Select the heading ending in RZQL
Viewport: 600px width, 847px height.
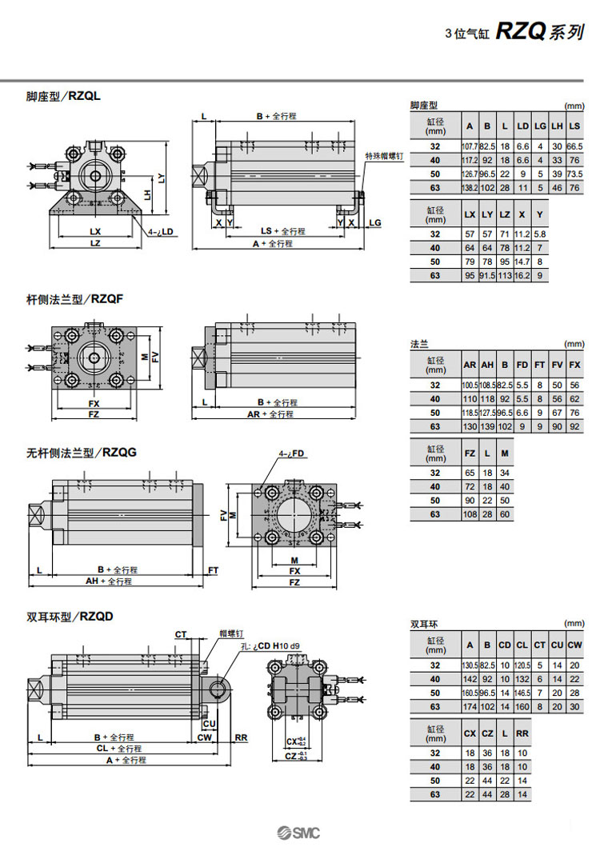click(x=63, y=97)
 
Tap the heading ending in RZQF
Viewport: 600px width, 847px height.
click(x=63, y=300)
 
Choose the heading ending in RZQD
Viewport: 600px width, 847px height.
click(x=70, y=617)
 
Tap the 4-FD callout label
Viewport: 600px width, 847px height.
click(x=292, y=453)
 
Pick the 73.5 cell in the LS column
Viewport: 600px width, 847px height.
click(x=574, y=174)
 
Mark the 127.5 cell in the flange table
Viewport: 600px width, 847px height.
click(x=487, y=413)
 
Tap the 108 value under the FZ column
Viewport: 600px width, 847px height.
click(x=470, y=514)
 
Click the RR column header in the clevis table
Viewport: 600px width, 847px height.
click(x=522, y=733)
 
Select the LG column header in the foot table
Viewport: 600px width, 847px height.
click(x=540, y=126)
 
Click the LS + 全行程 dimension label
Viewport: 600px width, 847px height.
click(x=283, y=231)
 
